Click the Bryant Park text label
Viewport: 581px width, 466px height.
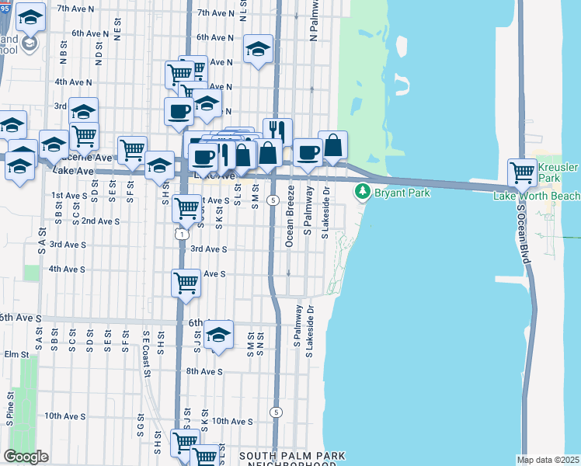tap(402, 192)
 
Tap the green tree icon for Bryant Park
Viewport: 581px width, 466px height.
tap(361, 192)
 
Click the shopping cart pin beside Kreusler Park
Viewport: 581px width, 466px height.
tap(522, 172)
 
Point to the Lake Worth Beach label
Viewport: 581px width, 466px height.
tap(537, 196)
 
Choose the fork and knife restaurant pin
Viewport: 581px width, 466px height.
tap(277, 131)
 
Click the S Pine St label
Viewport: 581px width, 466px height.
tap(10, 412)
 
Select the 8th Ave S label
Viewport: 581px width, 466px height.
tap(204, 371)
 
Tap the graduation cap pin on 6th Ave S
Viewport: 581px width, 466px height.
tap(219, 335)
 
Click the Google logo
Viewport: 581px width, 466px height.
tap(26, 456)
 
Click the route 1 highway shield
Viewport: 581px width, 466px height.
tap(181, 233)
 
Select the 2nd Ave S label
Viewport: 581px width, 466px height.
tap(100, 221)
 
